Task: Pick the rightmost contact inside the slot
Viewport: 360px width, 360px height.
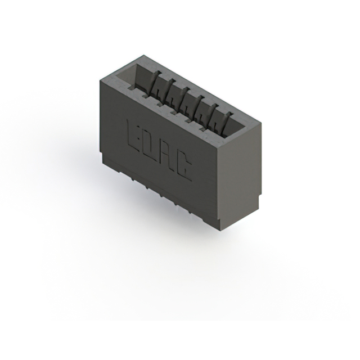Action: pos(227,120)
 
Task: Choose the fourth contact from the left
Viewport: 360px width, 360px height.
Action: pos(199,106)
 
